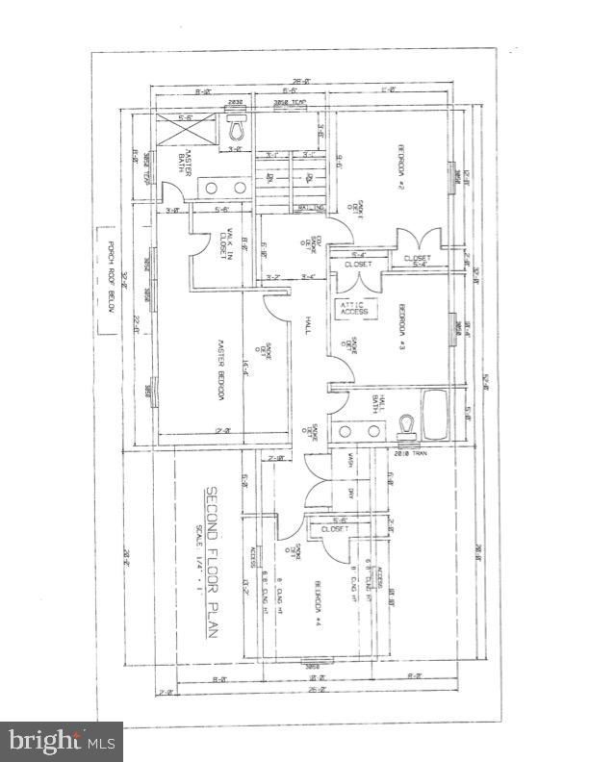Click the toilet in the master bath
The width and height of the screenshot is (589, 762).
237,128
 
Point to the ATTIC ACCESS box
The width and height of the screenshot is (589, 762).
352,308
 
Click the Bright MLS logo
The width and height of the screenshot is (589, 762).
61,742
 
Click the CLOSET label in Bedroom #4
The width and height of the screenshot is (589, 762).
334,528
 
